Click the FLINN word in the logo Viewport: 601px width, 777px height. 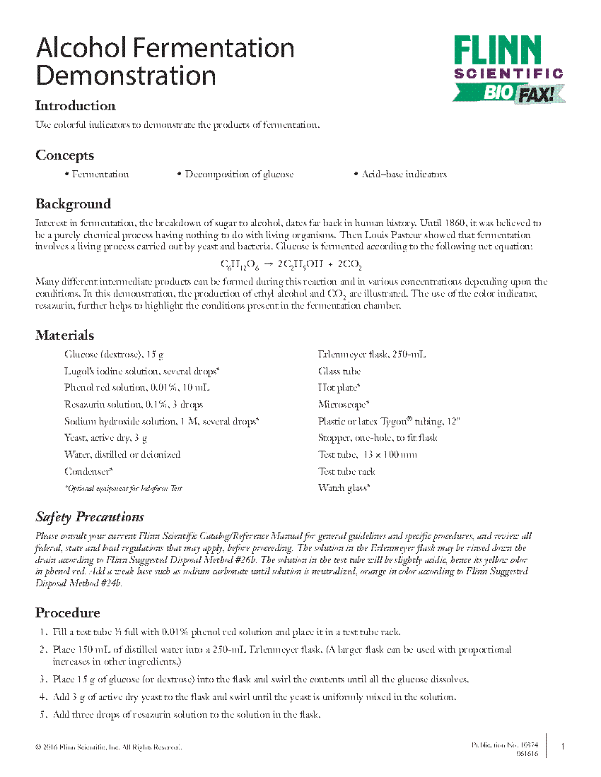click(497, 52)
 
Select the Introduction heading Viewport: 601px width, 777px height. click(76, 106)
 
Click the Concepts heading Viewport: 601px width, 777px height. click(64, 155)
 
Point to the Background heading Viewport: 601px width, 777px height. click(73, 204)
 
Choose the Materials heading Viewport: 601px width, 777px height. click(64, 336)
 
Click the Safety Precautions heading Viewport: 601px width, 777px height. click(90, 516)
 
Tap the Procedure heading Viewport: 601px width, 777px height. click(68, 612)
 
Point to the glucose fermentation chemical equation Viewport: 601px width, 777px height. click(291, 266)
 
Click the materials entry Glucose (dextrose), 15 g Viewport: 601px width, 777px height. click(114, 354)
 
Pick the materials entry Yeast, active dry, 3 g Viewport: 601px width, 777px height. click(106, 438)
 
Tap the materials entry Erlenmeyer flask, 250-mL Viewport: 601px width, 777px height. click(372, 354)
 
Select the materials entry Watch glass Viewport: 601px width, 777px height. click(344, 487)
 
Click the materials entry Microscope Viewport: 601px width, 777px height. click(344, 404)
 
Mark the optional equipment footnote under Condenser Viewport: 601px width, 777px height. click(123, 488)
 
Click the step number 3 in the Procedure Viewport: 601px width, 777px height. click(42, 680)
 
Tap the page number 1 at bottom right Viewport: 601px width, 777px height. click(562, 747)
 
